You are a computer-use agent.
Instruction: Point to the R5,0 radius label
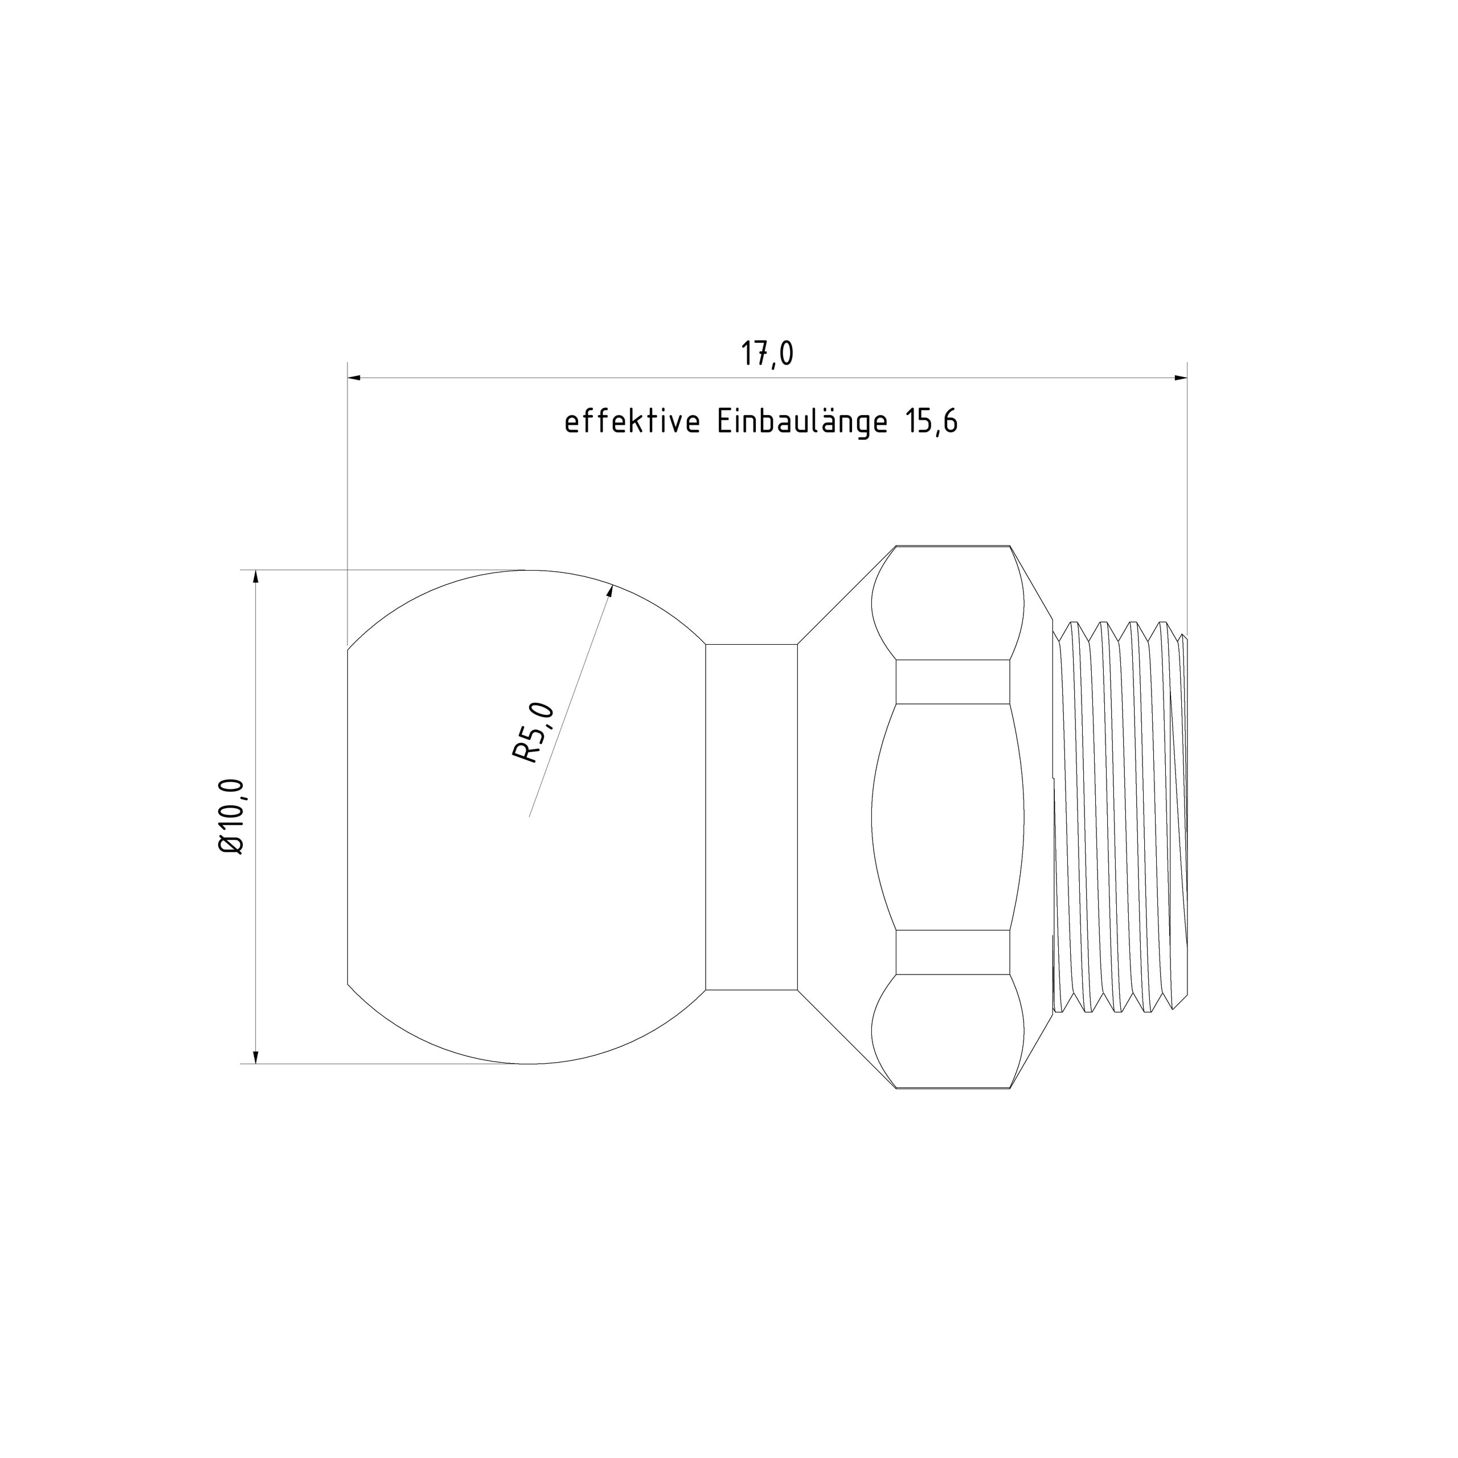tap(534, 732)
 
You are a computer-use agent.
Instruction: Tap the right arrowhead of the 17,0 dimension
tap(1180, 378)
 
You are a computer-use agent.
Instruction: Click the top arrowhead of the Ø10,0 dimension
tap(255, 578)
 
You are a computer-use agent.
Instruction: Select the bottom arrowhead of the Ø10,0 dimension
tap(255, 1056)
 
